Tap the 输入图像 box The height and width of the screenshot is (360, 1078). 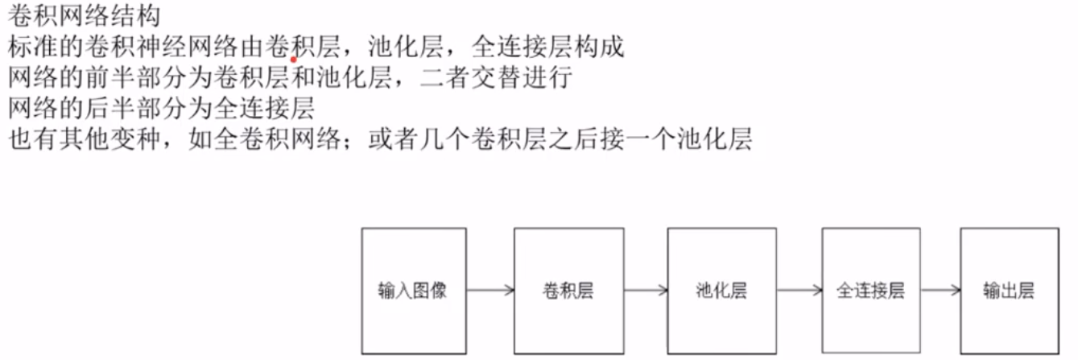413,290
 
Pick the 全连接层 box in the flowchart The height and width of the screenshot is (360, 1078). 872,290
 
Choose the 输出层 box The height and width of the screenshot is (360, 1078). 1009,290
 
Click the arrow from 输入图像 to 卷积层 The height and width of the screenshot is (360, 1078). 489,291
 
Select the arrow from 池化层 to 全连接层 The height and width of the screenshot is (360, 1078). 797,291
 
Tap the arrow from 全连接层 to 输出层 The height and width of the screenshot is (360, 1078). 941,291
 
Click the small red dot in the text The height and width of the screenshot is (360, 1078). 294,59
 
